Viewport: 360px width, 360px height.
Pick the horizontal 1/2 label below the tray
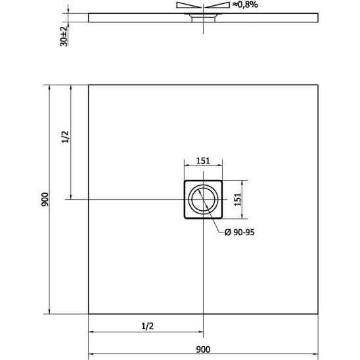point(147,325)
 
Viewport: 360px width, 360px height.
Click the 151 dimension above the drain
point(203,160)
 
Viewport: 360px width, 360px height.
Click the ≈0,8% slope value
point(244,5)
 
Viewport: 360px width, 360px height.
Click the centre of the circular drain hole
point(203,199)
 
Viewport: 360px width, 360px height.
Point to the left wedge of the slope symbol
point(187,5)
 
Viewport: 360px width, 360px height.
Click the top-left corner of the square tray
point(89,85)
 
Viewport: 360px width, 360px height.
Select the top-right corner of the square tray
point(318,85)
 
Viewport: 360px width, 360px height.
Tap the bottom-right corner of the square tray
point(318,313)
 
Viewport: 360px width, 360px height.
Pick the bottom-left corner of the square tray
point(89,313)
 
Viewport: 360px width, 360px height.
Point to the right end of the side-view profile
point(318,14)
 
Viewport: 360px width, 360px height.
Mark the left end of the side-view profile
point(89,14)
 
